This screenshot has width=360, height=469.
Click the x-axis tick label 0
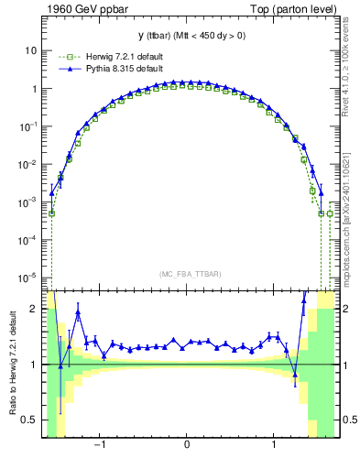click(187, 444)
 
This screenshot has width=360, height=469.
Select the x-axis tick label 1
click(275, 444)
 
